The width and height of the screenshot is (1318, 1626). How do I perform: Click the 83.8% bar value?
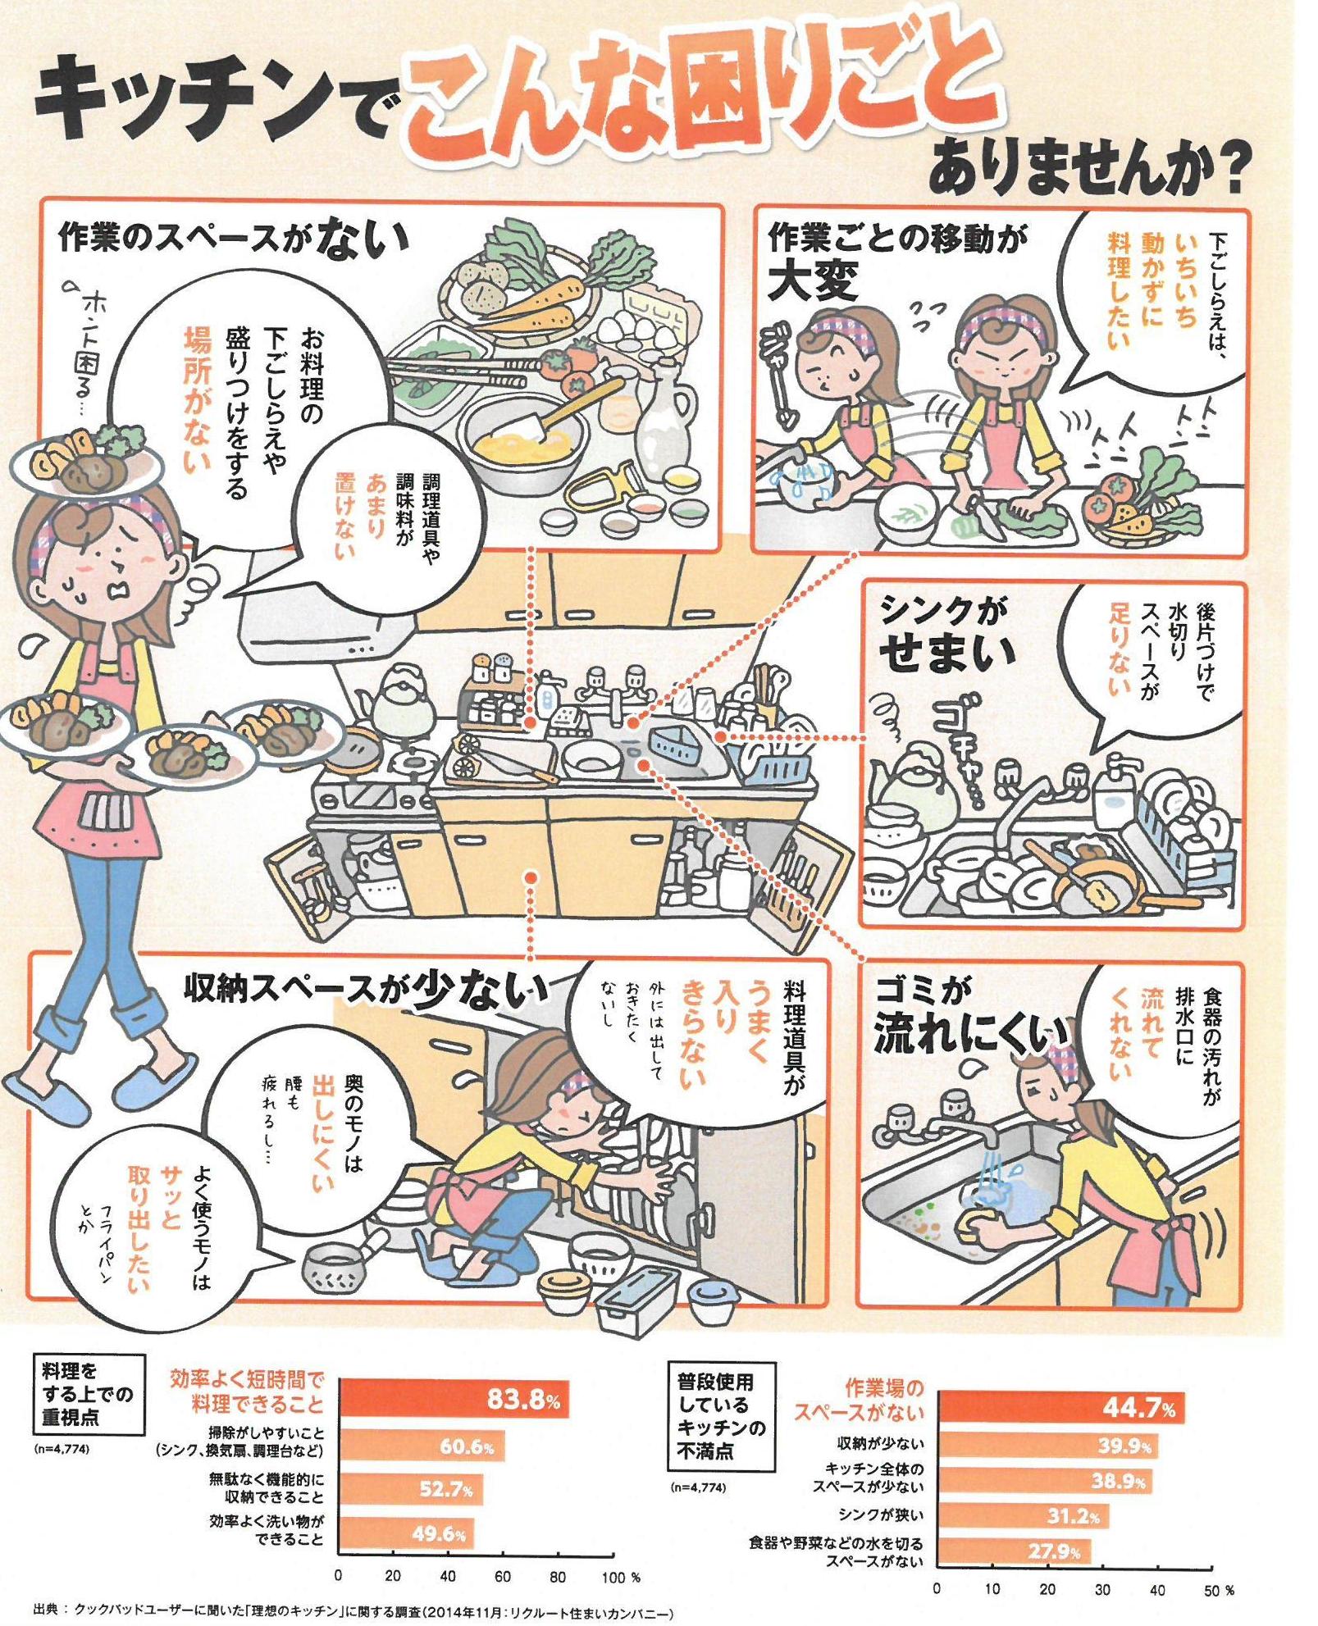pos(522,1398)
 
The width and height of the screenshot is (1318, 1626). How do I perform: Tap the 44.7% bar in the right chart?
pos(1060,1409)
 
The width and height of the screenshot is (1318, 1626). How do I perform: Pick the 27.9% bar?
pos(1014,1552)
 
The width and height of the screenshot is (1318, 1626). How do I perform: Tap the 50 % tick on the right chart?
pos(1217,1590)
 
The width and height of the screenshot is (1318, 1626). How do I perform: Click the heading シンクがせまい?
pos(947,634)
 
